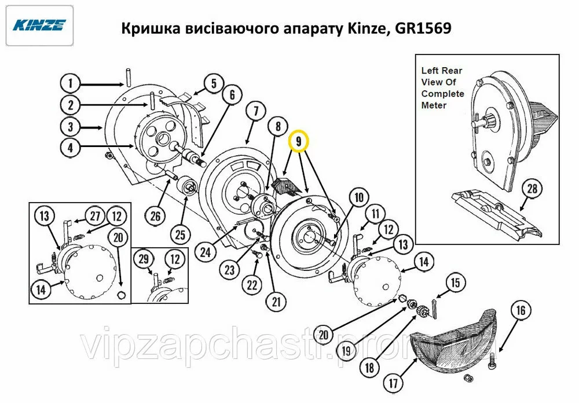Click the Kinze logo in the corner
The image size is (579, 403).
coord(39,25)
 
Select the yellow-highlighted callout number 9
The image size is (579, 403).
coord(299,141)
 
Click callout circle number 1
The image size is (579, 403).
coord(70,83)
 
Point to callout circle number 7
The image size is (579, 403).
coord(256,111)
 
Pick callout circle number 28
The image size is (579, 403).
coord(532,189)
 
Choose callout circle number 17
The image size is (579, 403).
coord(393,383)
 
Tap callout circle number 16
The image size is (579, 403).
coord(521,310)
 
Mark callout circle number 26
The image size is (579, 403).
coord(155,215)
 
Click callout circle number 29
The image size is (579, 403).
coord(144,259)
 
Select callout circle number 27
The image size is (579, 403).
coord(96,215)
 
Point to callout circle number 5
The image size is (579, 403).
coord(214,83)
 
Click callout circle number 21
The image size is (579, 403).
coord(276,302)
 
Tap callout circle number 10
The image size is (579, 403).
coord(359,197)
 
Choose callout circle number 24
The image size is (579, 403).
coord(206,252)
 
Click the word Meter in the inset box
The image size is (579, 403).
coord(434,105)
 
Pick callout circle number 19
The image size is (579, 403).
coord(346,350)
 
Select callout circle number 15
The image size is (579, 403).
coord(455,283)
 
